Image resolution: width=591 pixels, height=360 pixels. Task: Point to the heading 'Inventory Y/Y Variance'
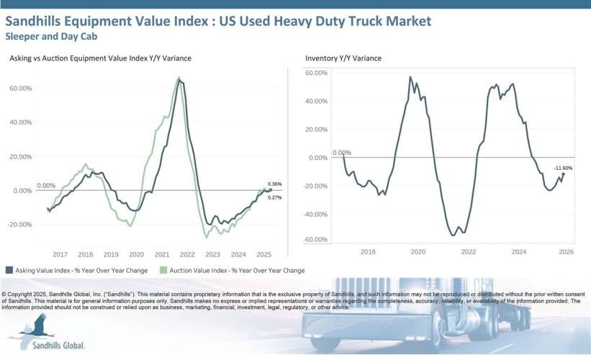tap(343, 58)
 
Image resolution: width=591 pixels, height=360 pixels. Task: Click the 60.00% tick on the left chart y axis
tap(20, 88)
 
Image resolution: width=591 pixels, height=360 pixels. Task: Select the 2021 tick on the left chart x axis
tap(162, 254)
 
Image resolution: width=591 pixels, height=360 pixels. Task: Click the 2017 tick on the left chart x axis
tap(60, 254)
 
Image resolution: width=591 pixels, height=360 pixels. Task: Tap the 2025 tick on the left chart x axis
tap(263, 254)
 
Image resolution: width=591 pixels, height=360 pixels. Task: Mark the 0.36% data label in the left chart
tap(274, 184)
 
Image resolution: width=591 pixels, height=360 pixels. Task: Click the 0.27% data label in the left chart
tap(274, 197)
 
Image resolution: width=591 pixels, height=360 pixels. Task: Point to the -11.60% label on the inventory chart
tap(563, 168)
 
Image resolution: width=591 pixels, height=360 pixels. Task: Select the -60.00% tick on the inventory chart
tap(316, 239)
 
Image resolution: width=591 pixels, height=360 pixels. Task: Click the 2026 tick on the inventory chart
tap(565, 251)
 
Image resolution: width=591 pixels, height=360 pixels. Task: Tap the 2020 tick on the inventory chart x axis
tap(418, 251)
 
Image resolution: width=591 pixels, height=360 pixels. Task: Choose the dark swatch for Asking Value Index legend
tap(9, 271)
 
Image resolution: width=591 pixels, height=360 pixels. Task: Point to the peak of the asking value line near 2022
tap(179, 80)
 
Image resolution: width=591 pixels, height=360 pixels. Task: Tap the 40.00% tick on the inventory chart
tap(317, 101)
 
